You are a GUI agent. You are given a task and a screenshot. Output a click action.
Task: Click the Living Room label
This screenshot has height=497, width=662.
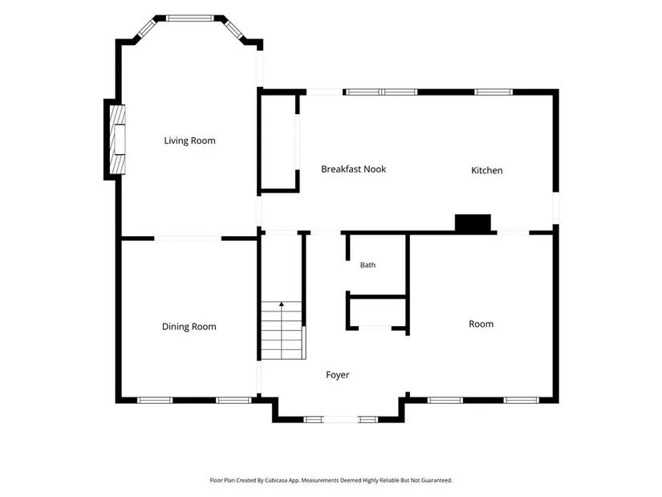tap(189, 141)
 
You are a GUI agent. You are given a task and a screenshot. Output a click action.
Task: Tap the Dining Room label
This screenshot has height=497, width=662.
tap(189, 327)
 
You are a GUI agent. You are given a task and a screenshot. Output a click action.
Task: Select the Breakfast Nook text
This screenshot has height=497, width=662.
tap(353, 169)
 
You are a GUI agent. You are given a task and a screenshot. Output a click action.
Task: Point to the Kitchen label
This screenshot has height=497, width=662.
tap(487, 170)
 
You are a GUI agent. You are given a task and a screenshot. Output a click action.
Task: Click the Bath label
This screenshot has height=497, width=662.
tap(368, 265)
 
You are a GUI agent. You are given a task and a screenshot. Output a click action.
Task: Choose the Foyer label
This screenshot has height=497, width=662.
tap(337, 375)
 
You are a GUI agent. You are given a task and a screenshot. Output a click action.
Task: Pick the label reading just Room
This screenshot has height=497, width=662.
tap(481, 324)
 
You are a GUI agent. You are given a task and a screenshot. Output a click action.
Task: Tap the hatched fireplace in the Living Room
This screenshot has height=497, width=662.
tap(117, 140)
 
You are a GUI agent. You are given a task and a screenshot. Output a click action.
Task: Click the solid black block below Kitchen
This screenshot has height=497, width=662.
tap(473, 223)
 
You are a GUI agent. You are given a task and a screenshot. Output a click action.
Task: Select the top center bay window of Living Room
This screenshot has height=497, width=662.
tap(190, 18)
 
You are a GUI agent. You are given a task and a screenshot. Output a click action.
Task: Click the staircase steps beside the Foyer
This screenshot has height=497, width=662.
tap(282, 331)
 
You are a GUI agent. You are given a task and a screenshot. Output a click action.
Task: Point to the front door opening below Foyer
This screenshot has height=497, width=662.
tap(340, 420)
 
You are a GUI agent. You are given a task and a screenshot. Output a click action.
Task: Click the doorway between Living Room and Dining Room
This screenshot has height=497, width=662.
tap(188, 238)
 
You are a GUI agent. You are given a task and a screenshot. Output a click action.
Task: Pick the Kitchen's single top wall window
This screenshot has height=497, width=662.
tap(493, 92)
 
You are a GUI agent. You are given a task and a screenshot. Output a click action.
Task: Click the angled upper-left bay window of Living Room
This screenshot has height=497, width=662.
tap(148, 28)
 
